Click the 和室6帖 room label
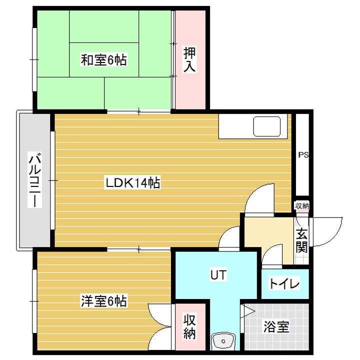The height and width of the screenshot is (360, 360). [103, 60]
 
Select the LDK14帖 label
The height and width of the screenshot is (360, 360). [132, 183]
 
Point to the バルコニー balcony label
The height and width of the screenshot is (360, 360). [34, 180]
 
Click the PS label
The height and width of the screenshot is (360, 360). [303, 155]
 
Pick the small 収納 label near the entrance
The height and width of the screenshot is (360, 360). [302, 205]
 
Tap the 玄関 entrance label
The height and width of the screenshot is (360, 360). [301, 240]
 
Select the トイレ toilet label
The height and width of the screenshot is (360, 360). [284, 284]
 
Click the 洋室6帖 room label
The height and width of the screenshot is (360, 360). [103, 301]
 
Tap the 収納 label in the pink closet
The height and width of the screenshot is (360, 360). [189, 326]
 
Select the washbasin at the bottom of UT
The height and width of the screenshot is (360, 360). [222, 342]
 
